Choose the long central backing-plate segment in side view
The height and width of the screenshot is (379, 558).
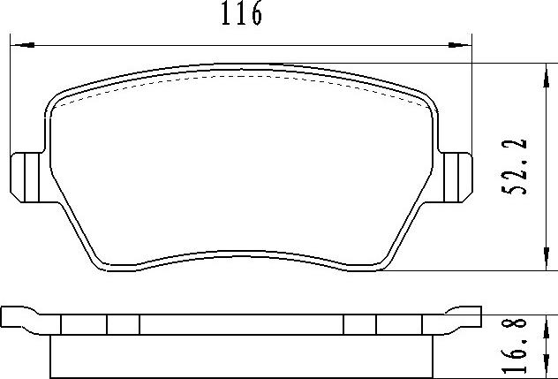coord(242,325)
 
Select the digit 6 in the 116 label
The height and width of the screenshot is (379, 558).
coord(256,15)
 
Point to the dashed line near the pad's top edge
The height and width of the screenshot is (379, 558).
coord(242,76)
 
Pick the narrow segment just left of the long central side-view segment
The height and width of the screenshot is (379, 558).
coord(123,325)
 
